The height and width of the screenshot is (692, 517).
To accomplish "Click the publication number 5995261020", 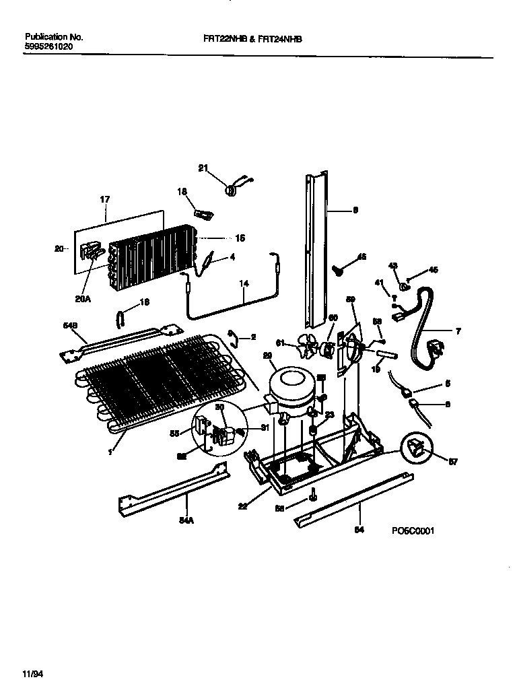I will click(48, 48).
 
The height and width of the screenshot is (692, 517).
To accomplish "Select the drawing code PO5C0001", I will click(413, 530).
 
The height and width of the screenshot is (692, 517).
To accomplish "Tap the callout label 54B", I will click(69, 326).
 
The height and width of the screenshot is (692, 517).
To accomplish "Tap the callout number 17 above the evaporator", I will click(104, 200).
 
